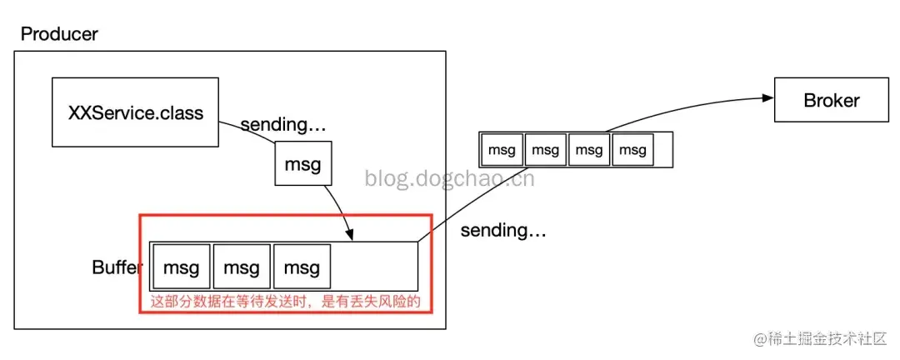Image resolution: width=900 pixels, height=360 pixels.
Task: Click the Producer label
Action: click(x=59, y=34)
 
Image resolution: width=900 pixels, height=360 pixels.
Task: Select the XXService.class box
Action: click(x=135, y=112)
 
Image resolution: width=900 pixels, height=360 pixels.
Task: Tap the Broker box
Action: click(x=831, y=100)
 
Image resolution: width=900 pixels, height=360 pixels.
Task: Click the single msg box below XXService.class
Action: click(x=303, y=164)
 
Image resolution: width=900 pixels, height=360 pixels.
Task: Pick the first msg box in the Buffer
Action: click(x=182, y=267)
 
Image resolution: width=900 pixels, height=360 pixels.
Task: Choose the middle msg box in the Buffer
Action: click(x=242, y=267)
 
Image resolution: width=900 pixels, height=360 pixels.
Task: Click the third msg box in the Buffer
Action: click(x=302, y=267)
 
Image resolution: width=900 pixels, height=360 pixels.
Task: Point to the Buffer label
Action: click(x=117, y=267)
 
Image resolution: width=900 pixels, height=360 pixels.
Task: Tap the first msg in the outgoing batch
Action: click(x=502, y=150)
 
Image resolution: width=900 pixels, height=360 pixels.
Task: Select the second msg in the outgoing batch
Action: click(x=545, y=150)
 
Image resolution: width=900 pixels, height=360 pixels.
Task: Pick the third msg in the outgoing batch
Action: click(x=589, y=150)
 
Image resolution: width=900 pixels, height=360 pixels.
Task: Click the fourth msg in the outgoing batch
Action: click(x=632, y=150)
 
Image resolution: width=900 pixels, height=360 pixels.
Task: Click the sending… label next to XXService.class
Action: click(x=283, y=125)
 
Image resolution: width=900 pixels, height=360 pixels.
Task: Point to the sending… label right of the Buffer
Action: click(x=503, y=230)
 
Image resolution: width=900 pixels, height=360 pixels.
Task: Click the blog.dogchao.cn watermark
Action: click(x=450, y=177)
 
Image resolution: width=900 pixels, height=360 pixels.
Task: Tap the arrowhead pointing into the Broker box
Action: click(x=769, y=97)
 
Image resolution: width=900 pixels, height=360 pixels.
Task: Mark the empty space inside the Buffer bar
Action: click(x=375, y=267)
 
